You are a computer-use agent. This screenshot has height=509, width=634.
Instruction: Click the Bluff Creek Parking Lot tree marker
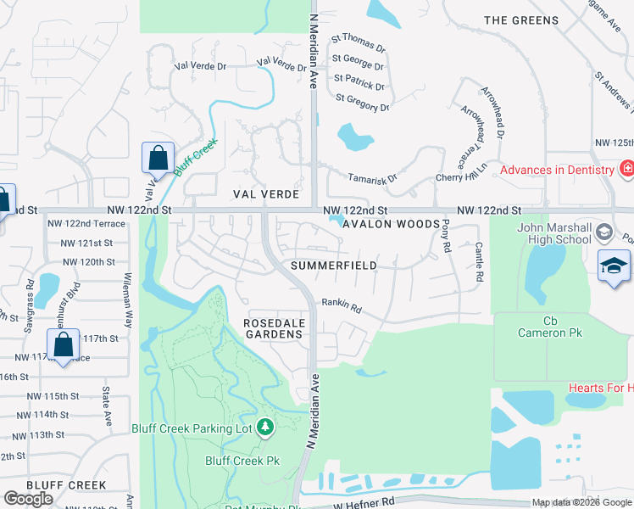click(266, 427)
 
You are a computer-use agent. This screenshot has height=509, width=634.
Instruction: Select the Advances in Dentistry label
click(556, 170)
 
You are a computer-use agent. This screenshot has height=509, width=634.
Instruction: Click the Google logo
click(29, 499)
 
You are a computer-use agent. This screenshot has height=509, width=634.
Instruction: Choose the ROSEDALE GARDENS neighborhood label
click(273, 328)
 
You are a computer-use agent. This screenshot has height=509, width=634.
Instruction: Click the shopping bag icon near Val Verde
click(158, 157)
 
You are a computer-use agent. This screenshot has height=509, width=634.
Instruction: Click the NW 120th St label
click(86, 263)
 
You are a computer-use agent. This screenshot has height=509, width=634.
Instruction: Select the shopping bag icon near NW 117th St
click(63, 344)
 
